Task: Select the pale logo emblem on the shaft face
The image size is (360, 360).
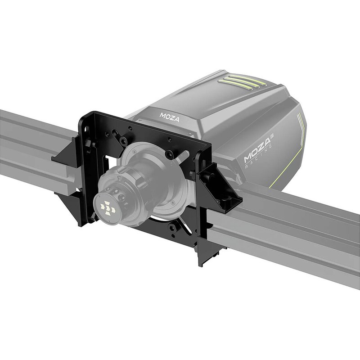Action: pyautogui.click(x=108, y=208)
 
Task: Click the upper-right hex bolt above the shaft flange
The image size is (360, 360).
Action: pyautogui.click(x=168, y=154)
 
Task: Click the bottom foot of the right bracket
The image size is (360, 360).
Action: pyautogui.click(x=205, y=259)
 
